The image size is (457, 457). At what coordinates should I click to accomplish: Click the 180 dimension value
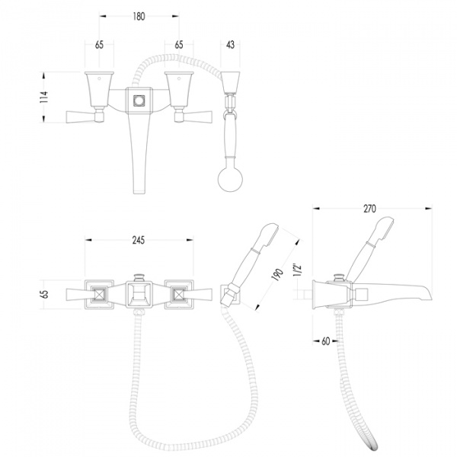[x=139, y=17]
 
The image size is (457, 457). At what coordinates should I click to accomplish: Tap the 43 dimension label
[x=230, y=45]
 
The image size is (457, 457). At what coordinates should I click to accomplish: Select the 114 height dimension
[x=44, y=97]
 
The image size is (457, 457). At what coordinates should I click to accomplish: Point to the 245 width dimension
[x=139, y=240]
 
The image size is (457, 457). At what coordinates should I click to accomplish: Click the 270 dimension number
[x=369, y=209]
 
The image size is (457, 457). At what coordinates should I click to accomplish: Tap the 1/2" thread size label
[x=298, y=270]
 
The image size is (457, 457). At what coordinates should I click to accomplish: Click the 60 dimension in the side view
[x=326, y=341]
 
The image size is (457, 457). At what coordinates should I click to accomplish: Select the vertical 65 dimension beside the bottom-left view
[x=45, y=294]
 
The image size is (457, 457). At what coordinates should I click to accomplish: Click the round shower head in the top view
[x=230, y=179]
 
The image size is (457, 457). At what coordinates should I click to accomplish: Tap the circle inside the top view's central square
[x=139, y=101]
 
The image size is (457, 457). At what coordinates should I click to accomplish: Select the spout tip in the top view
[x=139, y=189]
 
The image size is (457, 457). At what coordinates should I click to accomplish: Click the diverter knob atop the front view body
[x=139, y=277]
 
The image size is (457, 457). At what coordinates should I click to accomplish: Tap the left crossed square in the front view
[x=99, y=294]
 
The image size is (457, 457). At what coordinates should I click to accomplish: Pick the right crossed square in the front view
[x=178, y=294]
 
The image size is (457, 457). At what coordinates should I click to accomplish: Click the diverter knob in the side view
[x=339, y=277]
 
